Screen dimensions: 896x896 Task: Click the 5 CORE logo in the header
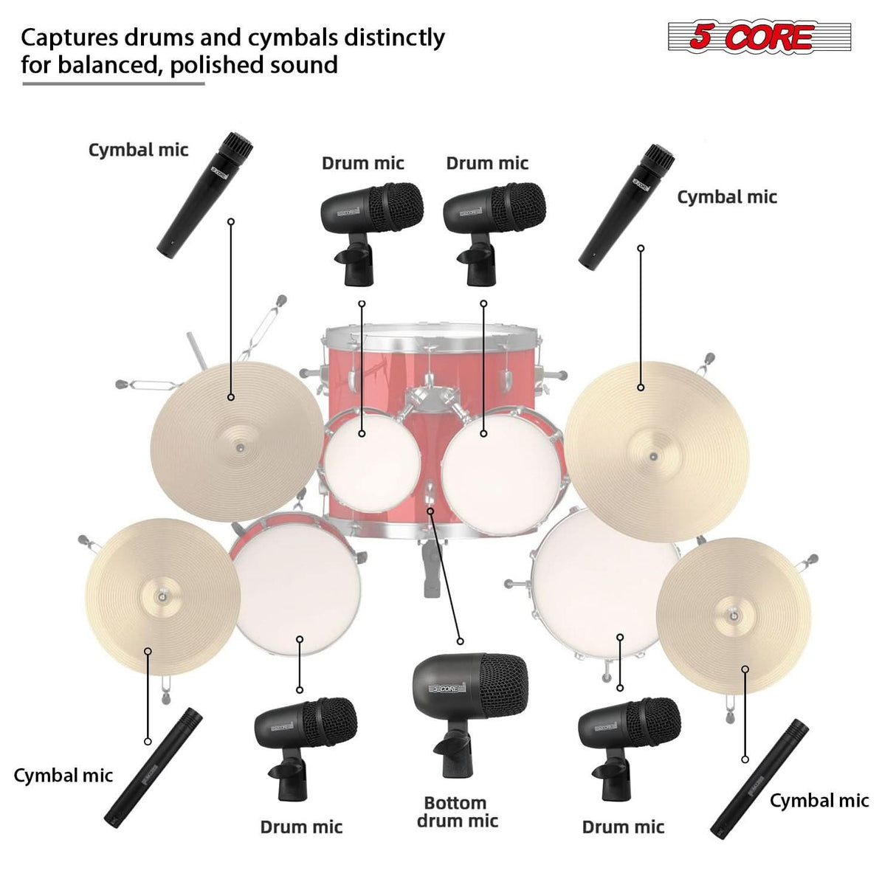pyautogui.click(x=759, y=37)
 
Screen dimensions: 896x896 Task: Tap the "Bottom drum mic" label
pyautogui.click(x=456, y=812)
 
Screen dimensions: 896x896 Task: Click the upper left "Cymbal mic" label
pyautogui.click(x=138, y=150)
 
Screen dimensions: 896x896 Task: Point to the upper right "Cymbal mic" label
pyautogui.click(x=726, y=197)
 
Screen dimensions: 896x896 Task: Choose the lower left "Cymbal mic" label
pyautogui.click(x=63, y=775)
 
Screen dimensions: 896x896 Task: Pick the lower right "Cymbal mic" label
pyautogui.click(x=819, y=801)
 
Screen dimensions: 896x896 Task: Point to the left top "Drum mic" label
pyautogui.click(x=363, y=163)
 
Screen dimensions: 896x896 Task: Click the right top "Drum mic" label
pyautogui.click(x=487, y=163)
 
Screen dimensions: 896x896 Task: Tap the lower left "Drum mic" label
pyautogui.click(x=301, y=827)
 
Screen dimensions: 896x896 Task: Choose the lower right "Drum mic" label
pyautogui.click(x=623, y=827)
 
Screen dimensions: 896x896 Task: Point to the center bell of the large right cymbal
pyautogui.click(x=653, y=455)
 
